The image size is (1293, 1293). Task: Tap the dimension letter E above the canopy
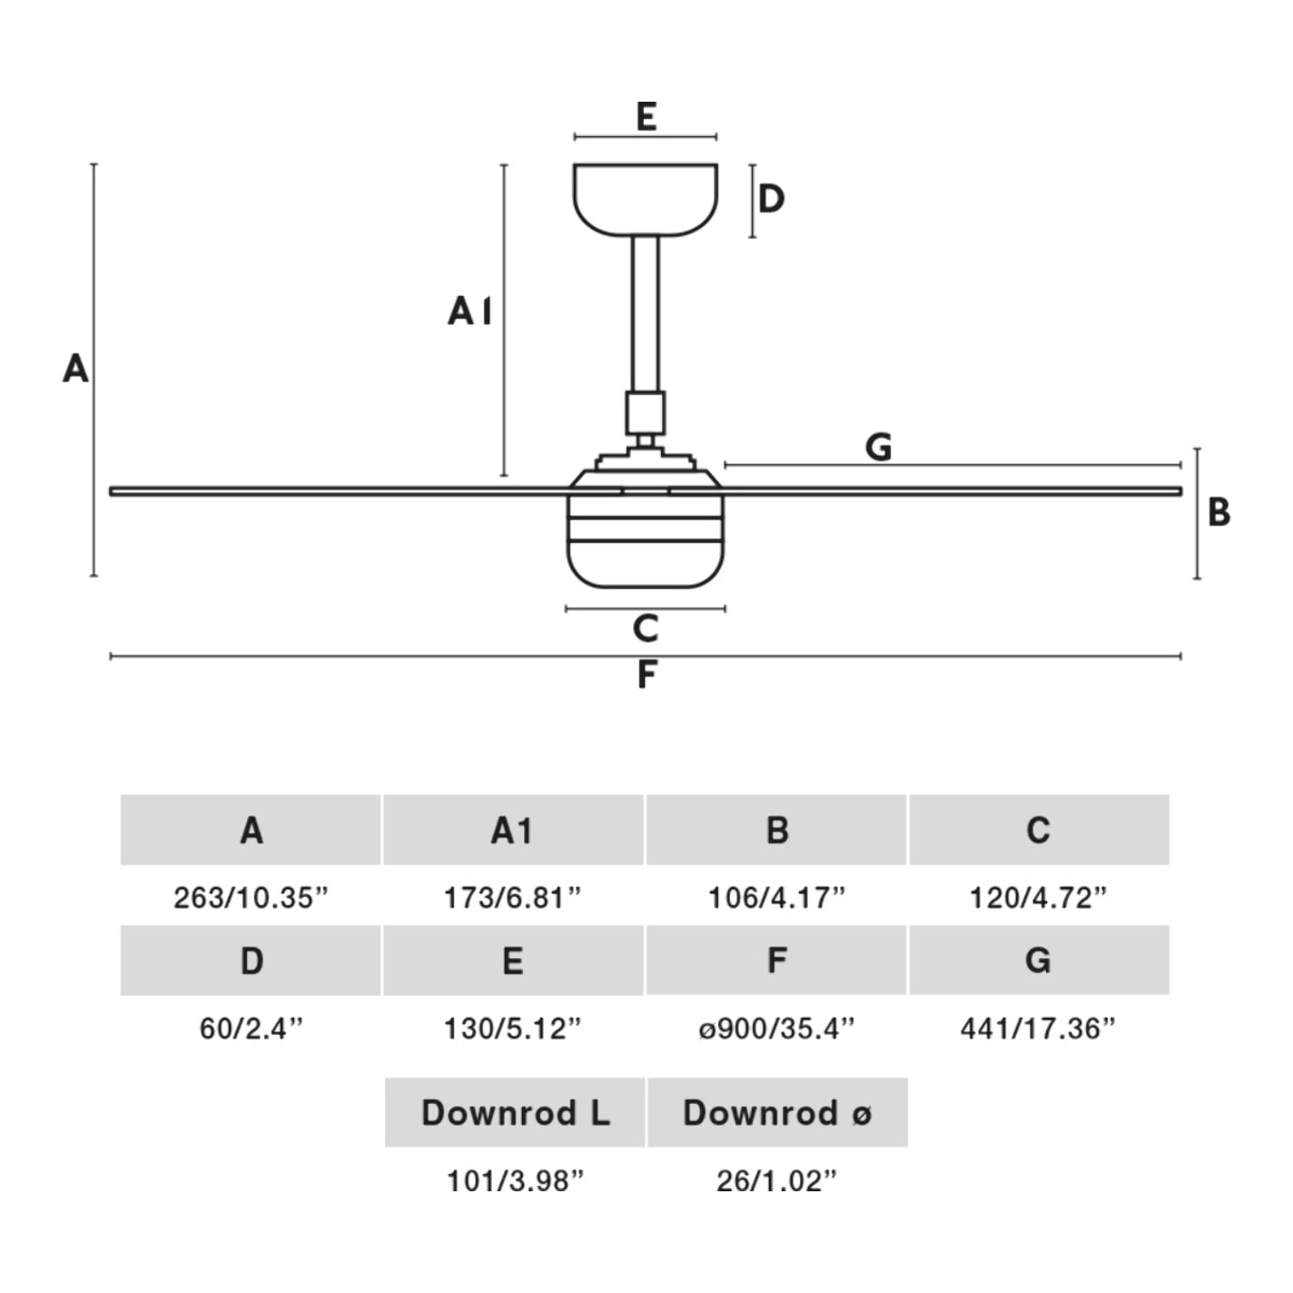[646, 117]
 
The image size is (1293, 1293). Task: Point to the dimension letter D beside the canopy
[771, 199]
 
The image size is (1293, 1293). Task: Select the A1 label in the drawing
[469, 311]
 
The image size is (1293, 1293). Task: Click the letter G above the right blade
[878, 447]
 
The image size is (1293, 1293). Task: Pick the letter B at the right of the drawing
[1219, 513]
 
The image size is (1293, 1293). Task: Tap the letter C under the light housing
[645, 628]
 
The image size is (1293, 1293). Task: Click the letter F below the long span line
[646, 676]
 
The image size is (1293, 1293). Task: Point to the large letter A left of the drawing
[75, 369]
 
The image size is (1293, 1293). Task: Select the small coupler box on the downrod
[645, 413]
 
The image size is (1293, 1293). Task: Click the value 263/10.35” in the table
[251, 898]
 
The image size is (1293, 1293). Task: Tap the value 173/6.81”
[512, 898]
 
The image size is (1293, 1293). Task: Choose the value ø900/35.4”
[776, 1029]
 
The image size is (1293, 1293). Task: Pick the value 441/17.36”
[1038, 1029]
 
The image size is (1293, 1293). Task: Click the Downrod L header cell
[515, 1112]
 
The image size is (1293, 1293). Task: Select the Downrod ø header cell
[777, 1112]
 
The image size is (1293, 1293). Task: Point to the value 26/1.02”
[776, 1181]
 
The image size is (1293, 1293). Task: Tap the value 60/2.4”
[251, 1029]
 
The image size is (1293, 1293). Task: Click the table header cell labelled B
[776, 830]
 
